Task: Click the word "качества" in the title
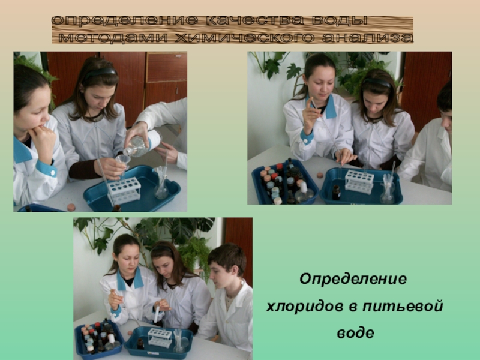point(254,20)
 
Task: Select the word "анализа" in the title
point(368,38)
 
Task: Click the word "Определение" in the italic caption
point(353,279)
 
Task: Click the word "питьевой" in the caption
point(403,306)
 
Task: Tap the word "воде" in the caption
point(355,333)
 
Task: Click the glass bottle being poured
point(143,143)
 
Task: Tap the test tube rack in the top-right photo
point(359,181)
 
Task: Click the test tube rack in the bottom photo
point(160,337)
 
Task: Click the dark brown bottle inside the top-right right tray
point(336,192)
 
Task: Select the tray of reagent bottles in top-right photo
point(284,182)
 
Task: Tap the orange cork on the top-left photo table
point(71,207)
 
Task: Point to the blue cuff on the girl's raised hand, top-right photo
point(307,136)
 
